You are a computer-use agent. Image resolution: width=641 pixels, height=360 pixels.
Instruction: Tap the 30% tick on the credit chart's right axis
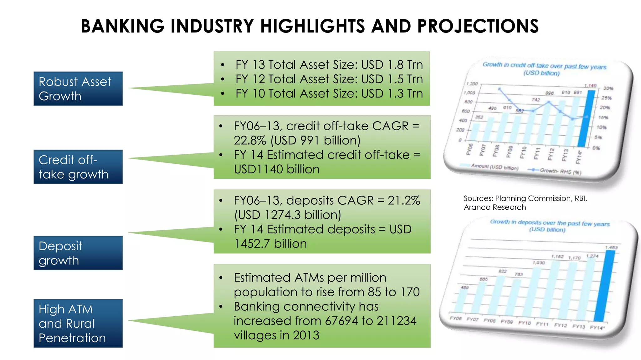[x=608, y=88]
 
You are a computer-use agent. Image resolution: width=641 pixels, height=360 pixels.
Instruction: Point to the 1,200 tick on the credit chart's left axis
[x=472, y=84]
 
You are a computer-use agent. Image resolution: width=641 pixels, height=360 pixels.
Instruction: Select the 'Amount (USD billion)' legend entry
[x=495, y=167]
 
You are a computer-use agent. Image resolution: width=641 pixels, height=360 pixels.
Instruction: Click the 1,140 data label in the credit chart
[x=590, y=86]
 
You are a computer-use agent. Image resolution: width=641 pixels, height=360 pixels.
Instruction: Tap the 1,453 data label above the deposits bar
[x=611, y=247]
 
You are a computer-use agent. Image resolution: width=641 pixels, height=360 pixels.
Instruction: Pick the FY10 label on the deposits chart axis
[x=524, y=323]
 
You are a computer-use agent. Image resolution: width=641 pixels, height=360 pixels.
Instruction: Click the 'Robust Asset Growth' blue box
[x=78, y=89]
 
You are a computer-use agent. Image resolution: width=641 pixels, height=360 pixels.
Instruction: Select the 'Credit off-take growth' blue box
[x=78, y=167]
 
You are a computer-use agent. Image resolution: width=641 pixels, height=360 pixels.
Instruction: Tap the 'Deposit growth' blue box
[x=78, y=253]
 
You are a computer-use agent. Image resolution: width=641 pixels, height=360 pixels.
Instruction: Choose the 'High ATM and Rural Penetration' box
[x=78, y=323]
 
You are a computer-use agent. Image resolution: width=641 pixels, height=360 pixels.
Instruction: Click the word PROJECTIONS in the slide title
[x=478, y=26]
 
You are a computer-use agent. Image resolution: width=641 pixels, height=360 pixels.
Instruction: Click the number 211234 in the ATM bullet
[x=397, y=321]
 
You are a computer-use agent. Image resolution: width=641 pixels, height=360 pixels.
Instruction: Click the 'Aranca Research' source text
[x=495, y=207]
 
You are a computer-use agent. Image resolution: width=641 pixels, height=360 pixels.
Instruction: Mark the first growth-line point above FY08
[x=500, y=89]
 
